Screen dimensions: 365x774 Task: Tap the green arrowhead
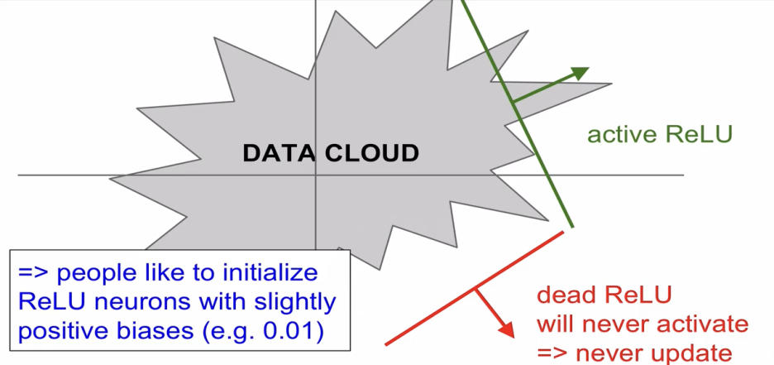(x=580, y=73)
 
